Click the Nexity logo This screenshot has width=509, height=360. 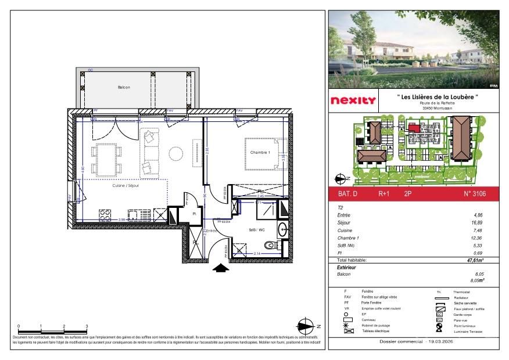click(353, 100)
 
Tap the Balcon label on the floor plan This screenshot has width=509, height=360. click(124, 87)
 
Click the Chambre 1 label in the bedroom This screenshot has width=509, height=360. click(259, 152)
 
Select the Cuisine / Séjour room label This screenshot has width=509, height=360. click(126, 186)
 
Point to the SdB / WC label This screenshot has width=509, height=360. click(257, 230)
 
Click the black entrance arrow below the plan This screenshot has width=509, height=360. click(220, 268)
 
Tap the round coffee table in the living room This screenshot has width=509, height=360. click(175, 154)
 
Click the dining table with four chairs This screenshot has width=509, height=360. click(106, 160)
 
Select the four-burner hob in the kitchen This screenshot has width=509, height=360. click(105, 215)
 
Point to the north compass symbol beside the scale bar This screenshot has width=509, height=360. click(306, 326)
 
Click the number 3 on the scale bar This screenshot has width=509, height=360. click(87, 327)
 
